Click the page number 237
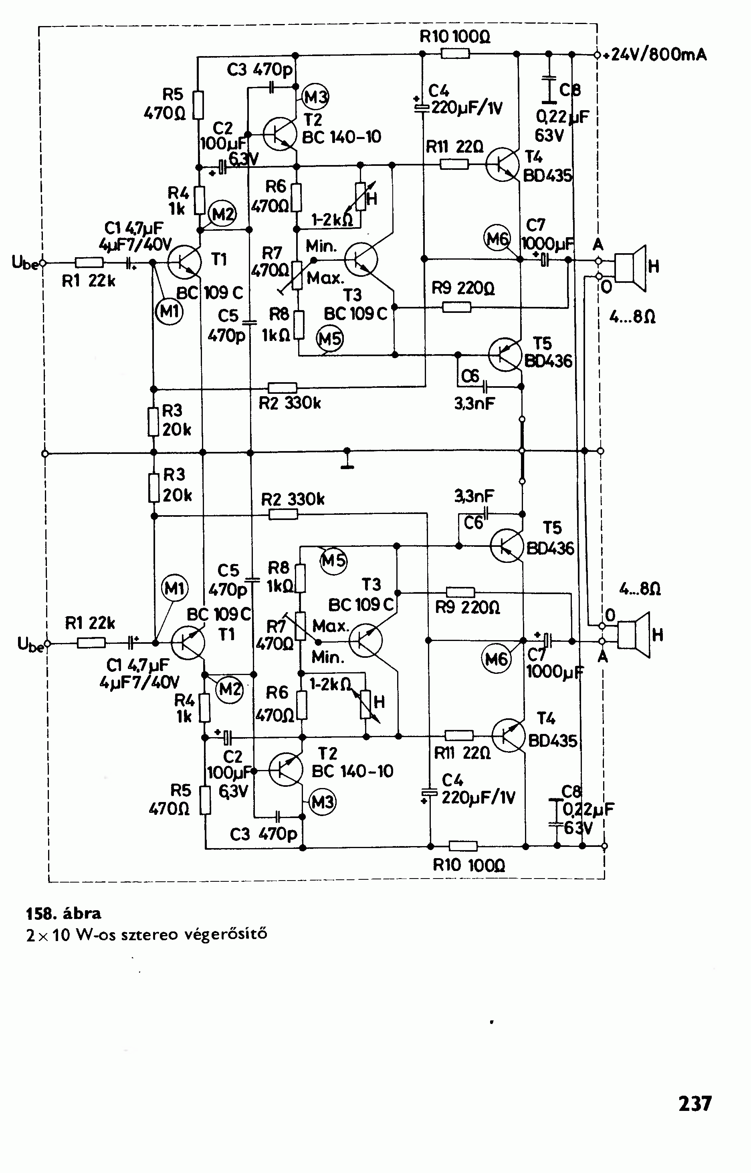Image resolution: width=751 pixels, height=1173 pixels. coord(695,1103)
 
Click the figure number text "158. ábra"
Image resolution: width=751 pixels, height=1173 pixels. coord(63,913)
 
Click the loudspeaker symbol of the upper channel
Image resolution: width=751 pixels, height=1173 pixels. coord(630,268)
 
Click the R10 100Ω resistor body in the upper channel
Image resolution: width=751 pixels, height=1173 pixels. coord(455,54)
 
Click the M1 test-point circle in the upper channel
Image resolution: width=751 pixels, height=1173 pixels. coord(169,310)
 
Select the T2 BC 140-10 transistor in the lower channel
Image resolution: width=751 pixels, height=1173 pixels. coord(286,769)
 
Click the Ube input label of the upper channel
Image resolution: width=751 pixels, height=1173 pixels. coord(24,263)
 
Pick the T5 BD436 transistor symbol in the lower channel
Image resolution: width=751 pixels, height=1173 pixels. coord(507,546)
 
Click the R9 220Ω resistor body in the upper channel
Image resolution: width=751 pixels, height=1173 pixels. coord(457,307)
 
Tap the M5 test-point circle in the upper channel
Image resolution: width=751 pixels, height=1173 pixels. coord(330,339)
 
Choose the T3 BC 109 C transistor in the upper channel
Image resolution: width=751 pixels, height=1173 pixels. coord(361,259)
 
